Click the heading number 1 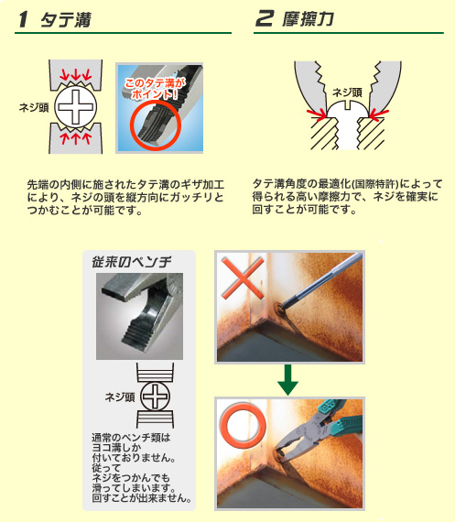click(23, 19)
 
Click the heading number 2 click(265, 18)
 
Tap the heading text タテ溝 click(66, 19)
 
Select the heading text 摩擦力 click(308, 18)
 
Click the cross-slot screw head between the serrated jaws click(76, 107)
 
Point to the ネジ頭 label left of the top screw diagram click(34, 107)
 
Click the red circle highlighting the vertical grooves click(156, 125)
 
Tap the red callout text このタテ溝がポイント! click(155, 89)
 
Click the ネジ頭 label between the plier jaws click(347, 92)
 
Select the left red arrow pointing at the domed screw click(317, 114)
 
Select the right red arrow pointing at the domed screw click(379, 114)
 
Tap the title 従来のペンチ click(132, 262)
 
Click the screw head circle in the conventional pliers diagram click(155, 397)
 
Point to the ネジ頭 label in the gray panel click(120, 397)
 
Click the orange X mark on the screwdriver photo click(243, 277)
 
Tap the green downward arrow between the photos click(287, 380)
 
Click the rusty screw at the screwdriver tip click(279, 307)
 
